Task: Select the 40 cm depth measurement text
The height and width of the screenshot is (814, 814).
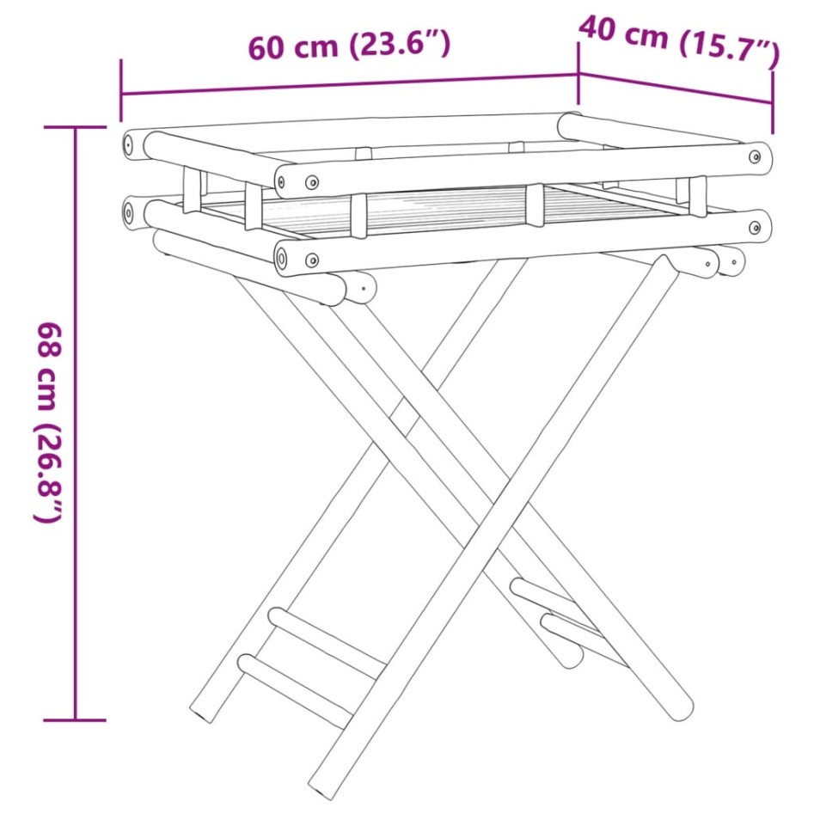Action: click(623, 33)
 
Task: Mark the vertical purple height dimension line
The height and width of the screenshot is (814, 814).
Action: click(76, 421)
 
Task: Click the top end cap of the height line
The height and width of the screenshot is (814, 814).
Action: click(76, 127)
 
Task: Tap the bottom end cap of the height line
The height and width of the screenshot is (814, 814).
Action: click(76, 719)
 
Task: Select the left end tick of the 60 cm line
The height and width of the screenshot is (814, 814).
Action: click(121, 90)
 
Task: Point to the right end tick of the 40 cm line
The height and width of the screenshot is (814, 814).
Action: click(773, 101)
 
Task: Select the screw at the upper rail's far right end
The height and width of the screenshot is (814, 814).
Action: click(755, 157)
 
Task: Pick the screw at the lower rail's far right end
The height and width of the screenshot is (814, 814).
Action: click(755, 228)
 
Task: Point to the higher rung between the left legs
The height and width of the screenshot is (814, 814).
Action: click(327, 641)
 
